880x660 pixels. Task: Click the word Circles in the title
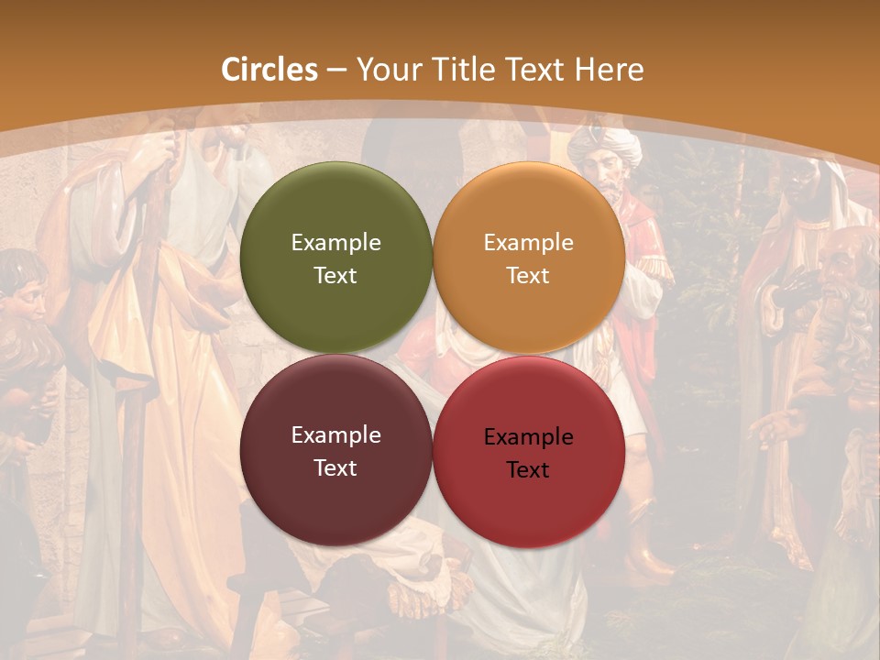[x=269, y=70]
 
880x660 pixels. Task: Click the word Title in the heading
[x=461, y=70]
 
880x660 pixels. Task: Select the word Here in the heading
[x=609, y=70]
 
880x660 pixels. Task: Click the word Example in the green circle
[x=335, y=242]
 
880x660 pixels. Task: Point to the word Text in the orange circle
[x=528, y=275]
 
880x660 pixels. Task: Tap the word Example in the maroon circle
[x=335, y=434]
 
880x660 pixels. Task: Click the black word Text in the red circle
[x=528, y=469]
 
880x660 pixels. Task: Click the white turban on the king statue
[x=604, y=141]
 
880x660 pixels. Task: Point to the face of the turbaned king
[x=602, y=170]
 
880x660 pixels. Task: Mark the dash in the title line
[x=336, y=70]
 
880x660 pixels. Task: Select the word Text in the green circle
[x=335, y=275]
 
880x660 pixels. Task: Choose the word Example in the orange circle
[x=528, y=242]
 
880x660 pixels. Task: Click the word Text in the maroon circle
[x=335, y=467]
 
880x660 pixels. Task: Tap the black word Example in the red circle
[x=528, y=436]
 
